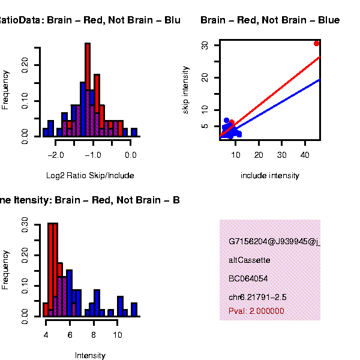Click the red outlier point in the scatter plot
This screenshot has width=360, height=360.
[x=317, y=43]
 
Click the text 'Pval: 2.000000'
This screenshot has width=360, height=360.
[x=256, y=311]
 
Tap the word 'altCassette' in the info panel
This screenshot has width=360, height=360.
[x=249, y=260]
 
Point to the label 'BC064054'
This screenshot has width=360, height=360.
[x=248, y=278]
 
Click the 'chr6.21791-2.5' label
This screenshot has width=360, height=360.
[x=257, y=297]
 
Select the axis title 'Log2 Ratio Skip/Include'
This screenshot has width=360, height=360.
[x=90, y=176]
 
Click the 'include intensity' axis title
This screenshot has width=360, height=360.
[x=269, y=176]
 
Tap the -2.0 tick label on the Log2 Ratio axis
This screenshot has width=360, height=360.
[x=56, y=154]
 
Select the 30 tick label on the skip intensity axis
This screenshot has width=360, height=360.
[x=205, y=46]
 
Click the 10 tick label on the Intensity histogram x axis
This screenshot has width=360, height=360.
[x=118, y=334]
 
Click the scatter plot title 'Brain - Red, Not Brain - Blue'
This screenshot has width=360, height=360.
[x=270, y=20]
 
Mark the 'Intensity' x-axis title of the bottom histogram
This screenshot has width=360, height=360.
[x=90, y=355]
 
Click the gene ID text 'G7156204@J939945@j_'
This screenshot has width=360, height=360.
[x=274, y=242]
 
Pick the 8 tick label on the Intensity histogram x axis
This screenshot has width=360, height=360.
[x=94, y=334]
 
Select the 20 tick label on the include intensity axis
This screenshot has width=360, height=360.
[x=259, y=154]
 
